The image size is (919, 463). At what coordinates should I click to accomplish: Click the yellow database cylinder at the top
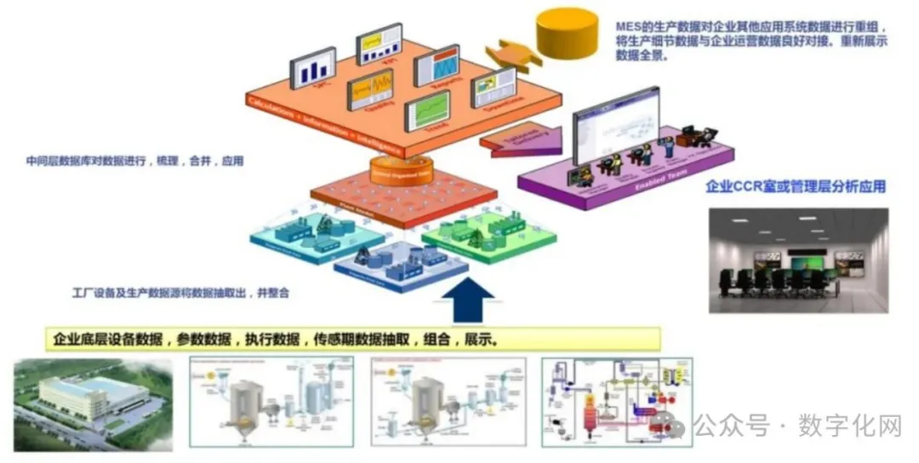566,32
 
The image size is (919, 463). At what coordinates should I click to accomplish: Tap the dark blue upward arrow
468,298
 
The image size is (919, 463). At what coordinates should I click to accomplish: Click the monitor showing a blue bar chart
313,68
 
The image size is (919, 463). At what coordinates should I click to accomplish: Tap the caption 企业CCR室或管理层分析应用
796,186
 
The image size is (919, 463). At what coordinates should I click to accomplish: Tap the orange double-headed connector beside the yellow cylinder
517,55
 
